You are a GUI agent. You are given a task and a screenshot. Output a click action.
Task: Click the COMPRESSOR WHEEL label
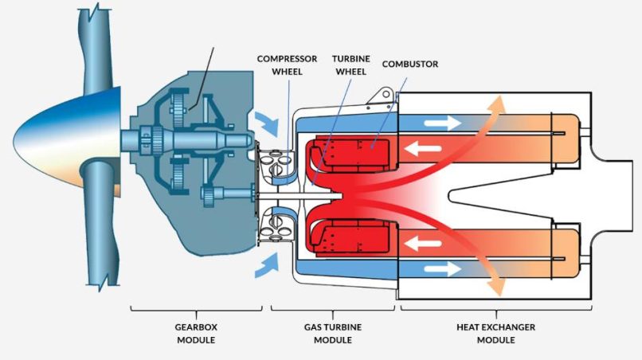pos(288,65)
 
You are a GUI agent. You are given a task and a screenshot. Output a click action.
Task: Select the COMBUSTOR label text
pos(409,63)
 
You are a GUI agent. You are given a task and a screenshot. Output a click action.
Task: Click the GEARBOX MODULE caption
pos(196,334)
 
